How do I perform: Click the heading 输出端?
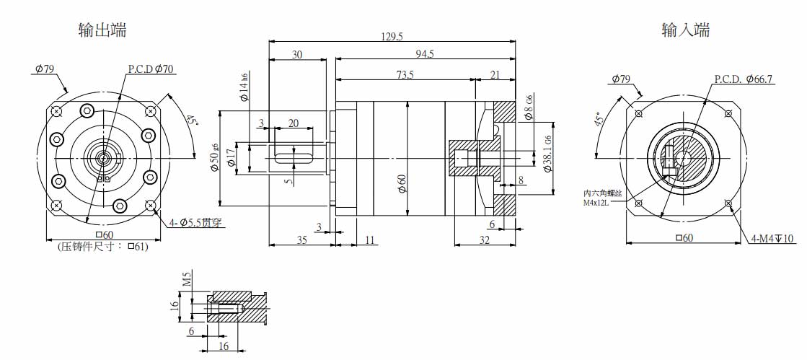click(102, 30)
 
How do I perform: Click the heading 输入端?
click(685, 30)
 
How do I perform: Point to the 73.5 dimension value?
click(405, 74)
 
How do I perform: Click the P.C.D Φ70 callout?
click(151, 69)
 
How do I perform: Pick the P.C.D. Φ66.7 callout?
click(744, 79)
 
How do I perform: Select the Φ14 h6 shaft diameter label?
click(244, 88)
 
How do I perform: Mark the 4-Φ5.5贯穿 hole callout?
click(193, 223)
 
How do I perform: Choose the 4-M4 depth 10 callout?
click(772, 239)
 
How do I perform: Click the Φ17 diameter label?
click(231, 157)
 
